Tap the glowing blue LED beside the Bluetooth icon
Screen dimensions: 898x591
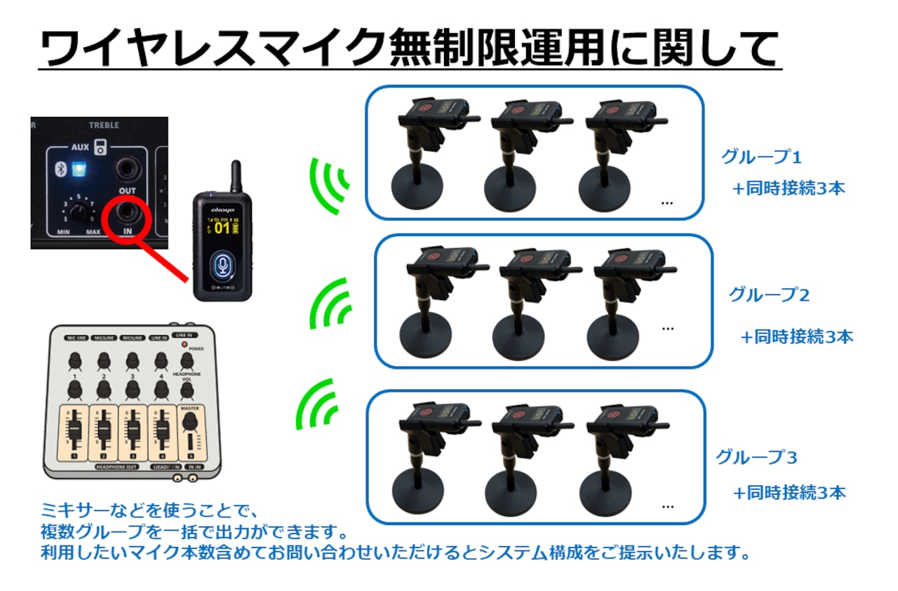click(80, 169)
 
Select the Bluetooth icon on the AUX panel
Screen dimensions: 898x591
click(61, 169)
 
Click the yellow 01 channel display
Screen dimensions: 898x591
click(222, 228)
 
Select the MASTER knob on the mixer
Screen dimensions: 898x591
click(189, 422)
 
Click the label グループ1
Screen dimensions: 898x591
click(760, 157)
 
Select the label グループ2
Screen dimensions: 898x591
click(769, 295)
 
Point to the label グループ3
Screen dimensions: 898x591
click(756, 458)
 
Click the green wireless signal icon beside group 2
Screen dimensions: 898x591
click(330, 306)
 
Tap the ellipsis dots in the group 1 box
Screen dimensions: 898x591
click(667, 203)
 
